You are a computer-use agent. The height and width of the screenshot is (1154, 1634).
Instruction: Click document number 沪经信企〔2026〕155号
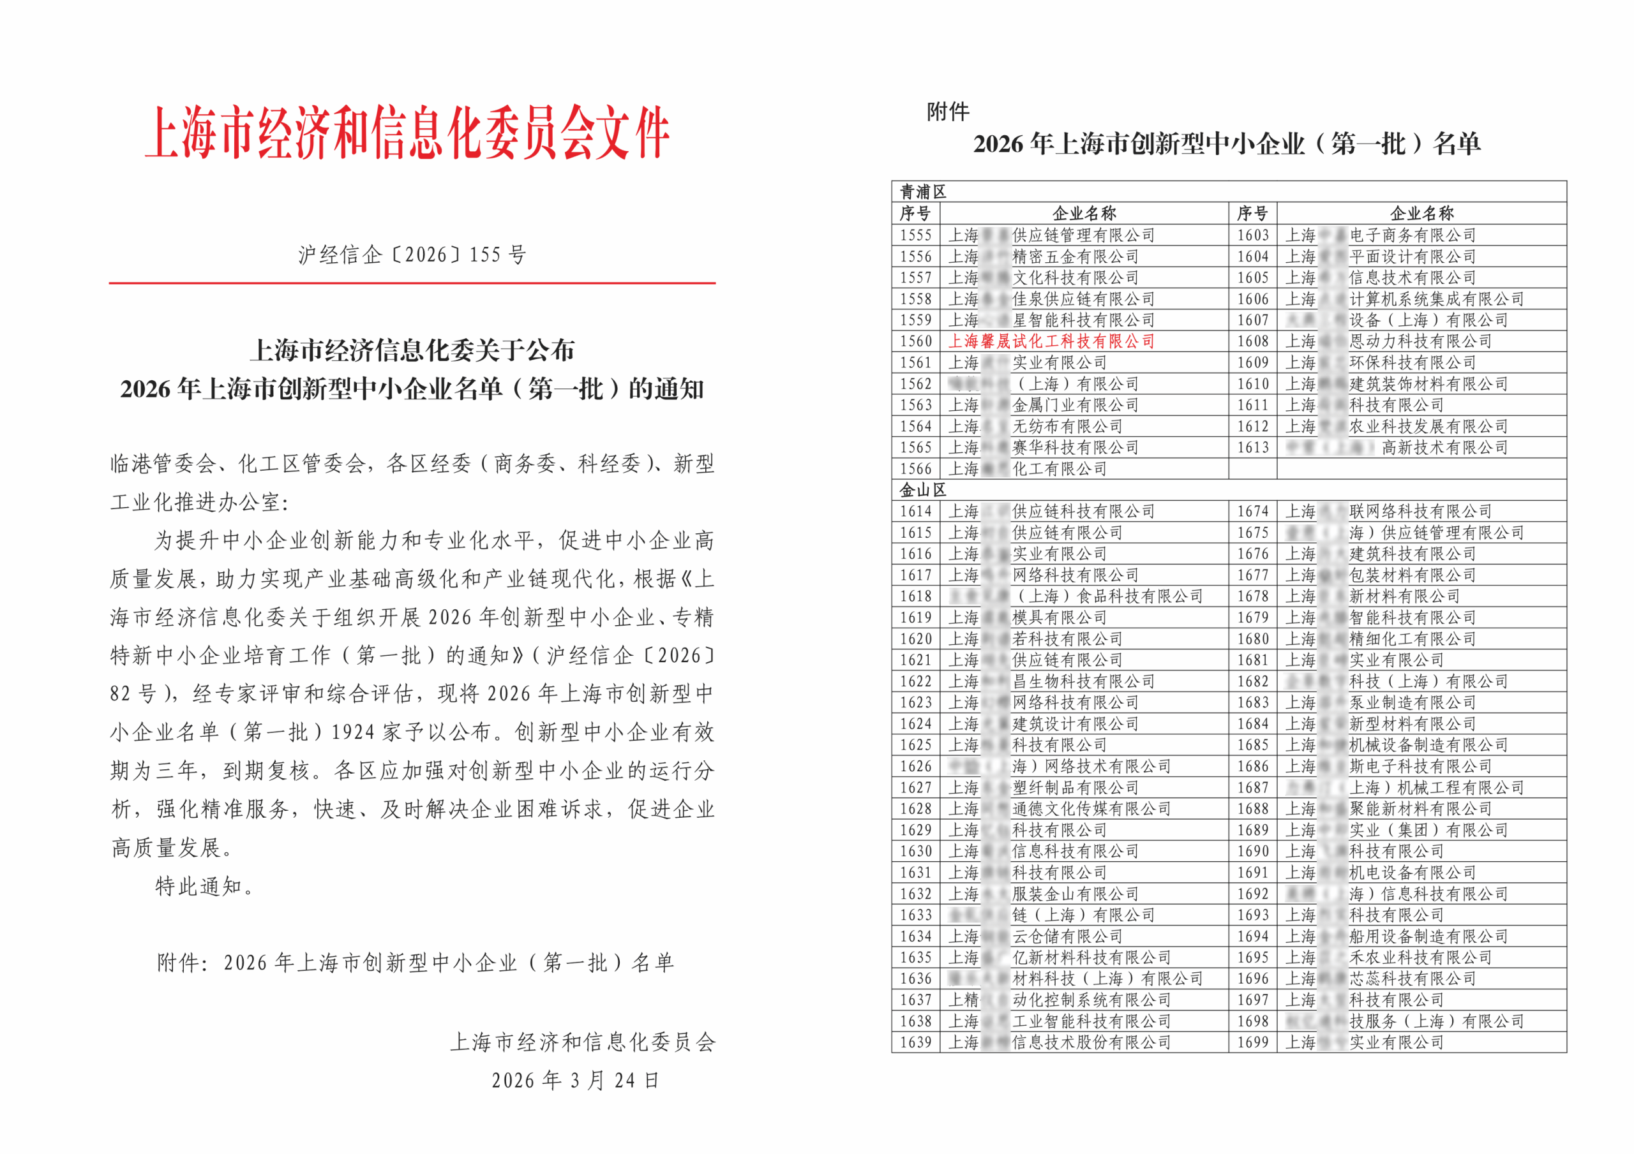(412, 255)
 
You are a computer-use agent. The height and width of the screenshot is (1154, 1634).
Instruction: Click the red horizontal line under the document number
(412, 283)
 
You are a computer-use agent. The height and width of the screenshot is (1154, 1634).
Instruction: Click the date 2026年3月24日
(575, 1080)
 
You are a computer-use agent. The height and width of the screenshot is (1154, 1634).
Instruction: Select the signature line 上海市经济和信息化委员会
(582, 1042)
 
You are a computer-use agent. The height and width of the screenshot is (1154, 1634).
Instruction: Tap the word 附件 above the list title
(947, 112)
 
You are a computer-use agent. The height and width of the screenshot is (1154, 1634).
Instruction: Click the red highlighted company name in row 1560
(1051, 341)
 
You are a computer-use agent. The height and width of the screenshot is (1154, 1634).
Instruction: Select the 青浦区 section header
(923, 191)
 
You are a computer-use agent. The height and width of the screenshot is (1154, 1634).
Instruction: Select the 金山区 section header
(923, 489)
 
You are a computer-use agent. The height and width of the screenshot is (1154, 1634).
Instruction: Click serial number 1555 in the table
(915, 235)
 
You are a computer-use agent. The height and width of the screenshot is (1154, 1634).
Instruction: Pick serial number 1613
(1252, 448)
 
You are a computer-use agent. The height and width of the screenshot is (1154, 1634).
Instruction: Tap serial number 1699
(1252, 1042)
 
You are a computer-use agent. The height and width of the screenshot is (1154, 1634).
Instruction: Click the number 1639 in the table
(915, 1042)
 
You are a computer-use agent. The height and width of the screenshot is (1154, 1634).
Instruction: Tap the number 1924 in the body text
(354, 732)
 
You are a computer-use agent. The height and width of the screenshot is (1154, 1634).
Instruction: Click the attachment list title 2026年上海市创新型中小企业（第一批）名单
(1227, 144)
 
